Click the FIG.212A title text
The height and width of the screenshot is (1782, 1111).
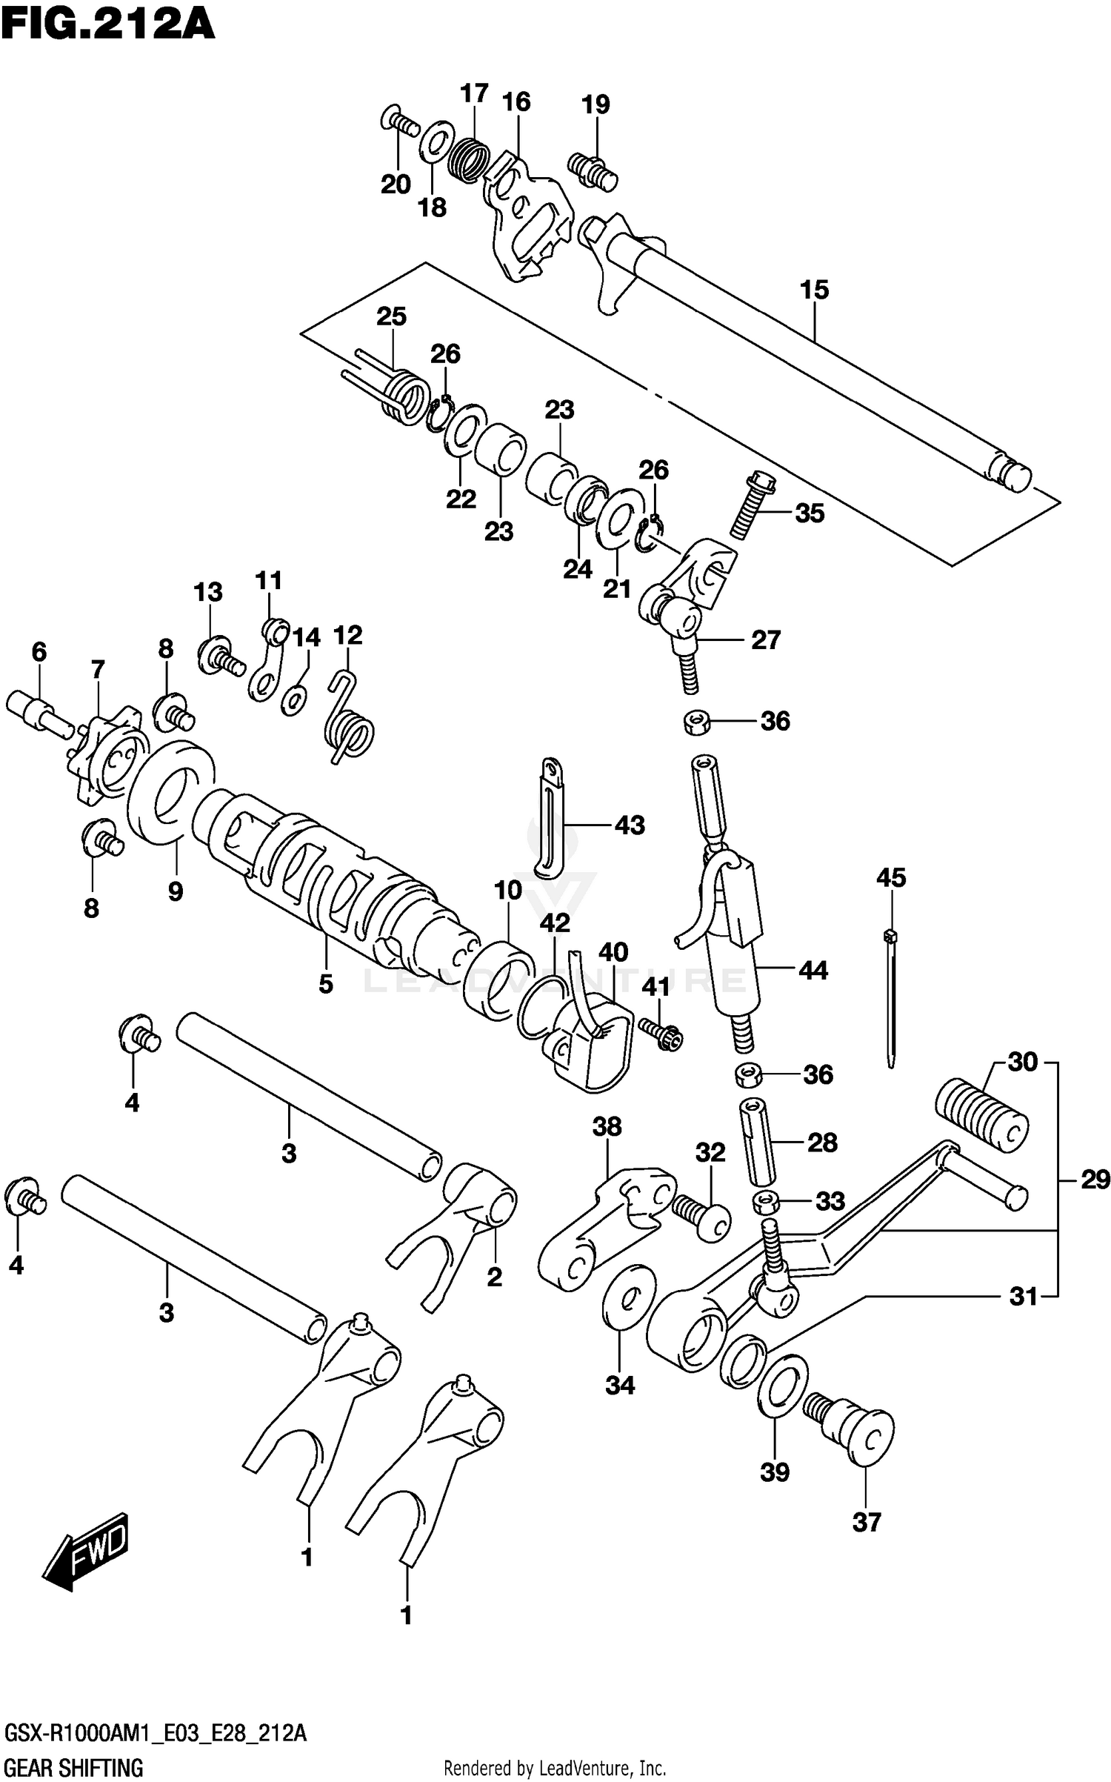[x=108, y=24]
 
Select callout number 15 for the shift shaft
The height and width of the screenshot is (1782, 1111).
[x=814, y=290]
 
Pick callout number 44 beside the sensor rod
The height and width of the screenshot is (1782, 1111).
[x=813, y=970]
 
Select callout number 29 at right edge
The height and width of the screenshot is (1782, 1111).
[x=1095, y=1179]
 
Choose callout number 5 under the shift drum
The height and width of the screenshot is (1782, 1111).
[x=326, y=984]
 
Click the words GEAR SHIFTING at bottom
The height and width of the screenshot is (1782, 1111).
[x=73, y=1767]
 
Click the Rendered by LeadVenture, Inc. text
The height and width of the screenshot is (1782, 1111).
[x=555, y=1768]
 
